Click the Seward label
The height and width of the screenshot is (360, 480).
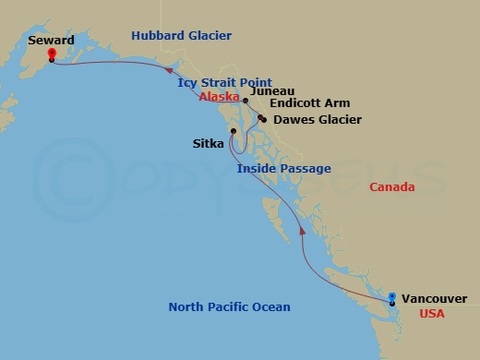[x=52, y=41]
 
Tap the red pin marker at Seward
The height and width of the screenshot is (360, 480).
[x=52, y=54]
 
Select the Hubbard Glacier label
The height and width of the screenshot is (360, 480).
[x=181, y=36]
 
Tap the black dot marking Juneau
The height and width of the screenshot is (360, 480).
[x=246, y=100]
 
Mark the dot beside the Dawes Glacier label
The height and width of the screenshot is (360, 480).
[x=263, y=120]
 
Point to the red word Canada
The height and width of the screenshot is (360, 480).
[x=391, y=187]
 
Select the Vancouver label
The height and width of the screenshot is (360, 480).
[x=434, y=298]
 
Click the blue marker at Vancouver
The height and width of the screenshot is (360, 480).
[x=392, y=298]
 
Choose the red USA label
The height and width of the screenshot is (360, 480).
[x=433, y=313]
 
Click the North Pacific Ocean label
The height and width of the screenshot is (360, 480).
[x=229, y=307]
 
